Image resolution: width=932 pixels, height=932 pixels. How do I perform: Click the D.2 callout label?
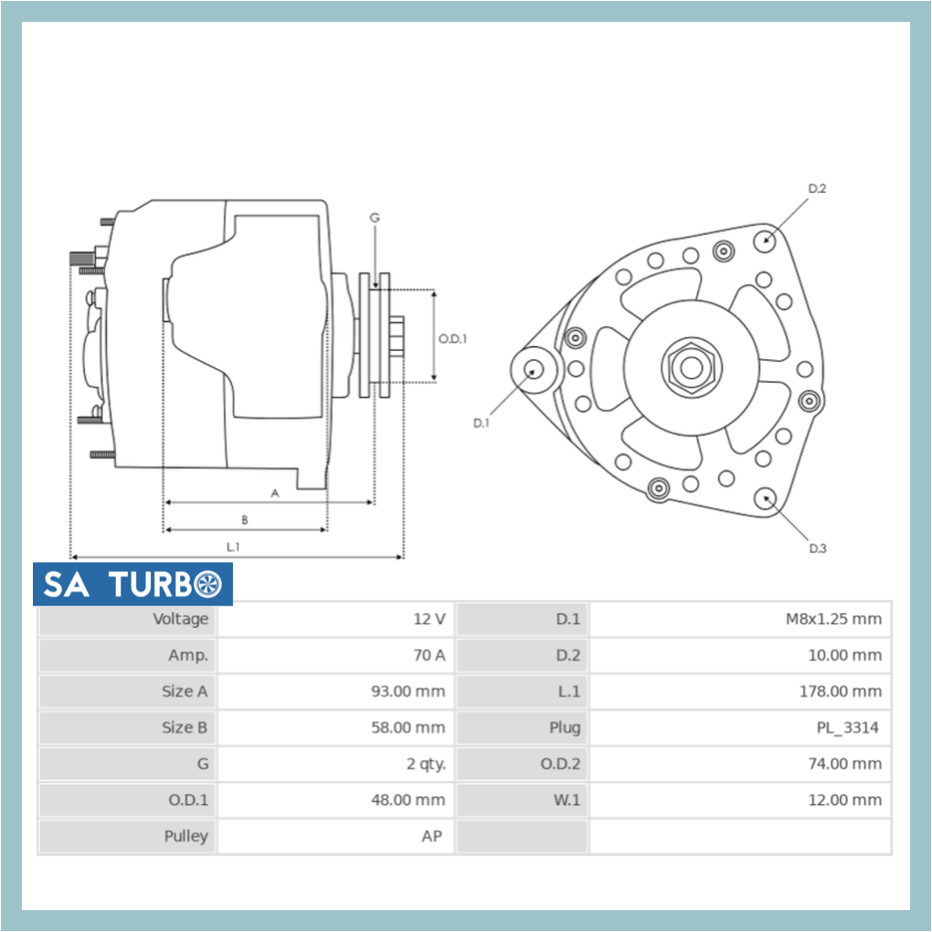click(817, 188)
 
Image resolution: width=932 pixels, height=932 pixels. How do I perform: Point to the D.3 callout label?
click(817, 548)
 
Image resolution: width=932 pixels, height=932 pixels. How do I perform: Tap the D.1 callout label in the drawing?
click(482, 423)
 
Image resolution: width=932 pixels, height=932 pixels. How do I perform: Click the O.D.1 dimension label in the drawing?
click(452, 338)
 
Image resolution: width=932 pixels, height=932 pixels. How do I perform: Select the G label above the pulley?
click(375, 217)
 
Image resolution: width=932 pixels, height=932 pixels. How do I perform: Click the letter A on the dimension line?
click(274, 492)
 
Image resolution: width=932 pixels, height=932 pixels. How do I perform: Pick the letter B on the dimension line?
click(244, 520)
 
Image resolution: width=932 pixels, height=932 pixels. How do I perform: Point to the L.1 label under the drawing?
click(234, 546)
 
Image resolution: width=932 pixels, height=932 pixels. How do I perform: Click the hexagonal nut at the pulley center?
click(692, 366)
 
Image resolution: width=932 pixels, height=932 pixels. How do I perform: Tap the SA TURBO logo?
click(132, 584)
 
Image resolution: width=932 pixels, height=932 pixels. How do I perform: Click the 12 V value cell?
click(429, 620)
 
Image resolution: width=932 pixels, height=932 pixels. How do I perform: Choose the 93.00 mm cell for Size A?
click(408, 692)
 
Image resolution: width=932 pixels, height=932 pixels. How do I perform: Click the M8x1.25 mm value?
click(833, 620)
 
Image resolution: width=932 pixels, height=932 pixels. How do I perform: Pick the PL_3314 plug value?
click(847, 728)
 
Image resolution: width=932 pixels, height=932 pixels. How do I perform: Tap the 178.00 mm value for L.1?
click(840, 692)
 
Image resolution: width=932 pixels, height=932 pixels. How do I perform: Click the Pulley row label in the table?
click(186, 836)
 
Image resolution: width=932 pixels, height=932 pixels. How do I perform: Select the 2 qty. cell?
click(426, 764)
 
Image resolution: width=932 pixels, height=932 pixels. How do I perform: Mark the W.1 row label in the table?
click(567, 800)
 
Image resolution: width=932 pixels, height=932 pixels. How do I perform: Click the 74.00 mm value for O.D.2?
click(843, 764)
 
